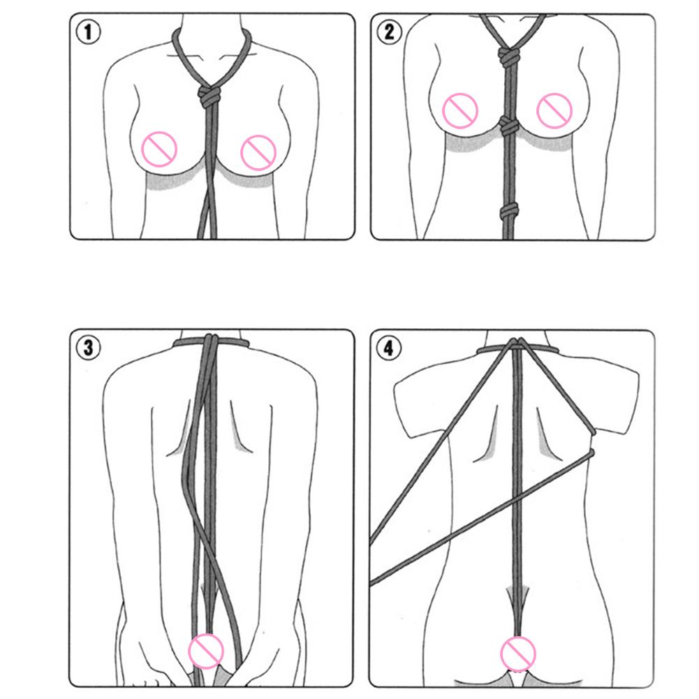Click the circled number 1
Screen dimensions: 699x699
pyautogui.click(x=88, y=32)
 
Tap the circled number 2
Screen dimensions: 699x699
pyautogui.click(x=389, y=32)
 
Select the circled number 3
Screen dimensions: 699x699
pyautogui.click(x=88, y=348)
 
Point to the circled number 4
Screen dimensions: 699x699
pyautogui.click(x=389, y=348)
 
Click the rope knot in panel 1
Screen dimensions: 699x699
pyautogui.click(x=209, y=97)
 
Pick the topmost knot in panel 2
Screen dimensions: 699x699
pyautogui.click(x=508, y=57)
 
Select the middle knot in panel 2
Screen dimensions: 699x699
pyautogui.click(x=508, y=126)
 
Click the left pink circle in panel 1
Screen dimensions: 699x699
pyautogui.click(x=159, y=149)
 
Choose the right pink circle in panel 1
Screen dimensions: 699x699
pyautogui.click(x=258, y=152)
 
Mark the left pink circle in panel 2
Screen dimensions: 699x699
pyautogui.click(x=459, y=111)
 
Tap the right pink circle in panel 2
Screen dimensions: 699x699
pyautogui.click(x=554, y=111)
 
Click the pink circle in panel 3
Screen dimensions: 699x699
pyautogui.click(x=205, y=652)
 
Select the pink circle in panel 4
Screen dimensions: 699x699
pyautogui.click(x=517, y=654)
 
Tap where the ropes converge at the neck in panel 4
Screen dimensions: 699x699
pyautogui.click(x=517, y=344)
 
